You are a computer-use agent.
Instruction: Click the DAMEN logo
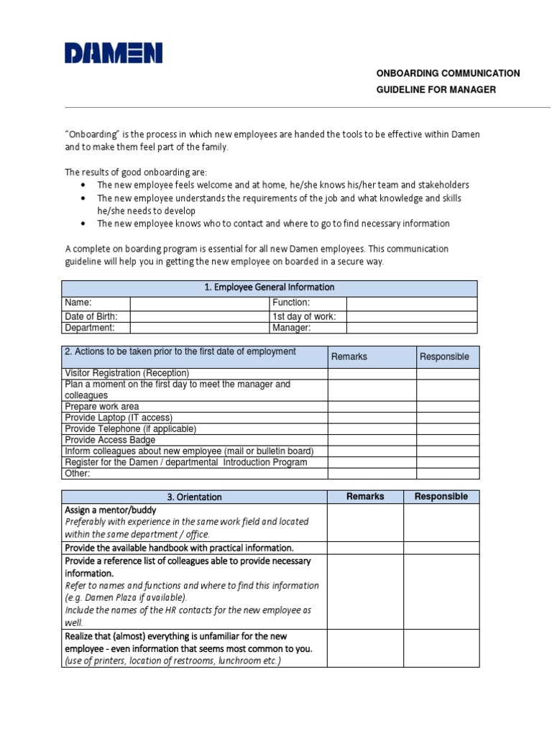114,54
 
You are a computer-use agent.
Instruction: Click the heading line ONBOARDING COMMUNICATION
448,73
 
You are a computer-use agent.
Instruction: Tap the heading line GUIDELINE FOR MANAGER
436,89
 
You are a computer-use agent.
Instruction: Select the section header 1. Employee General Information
270,287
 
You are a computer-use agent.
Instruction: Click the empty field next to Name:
199,303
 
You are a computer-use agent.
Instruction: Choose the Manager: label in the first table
291,328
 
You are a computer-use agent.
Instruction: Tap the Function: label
291,303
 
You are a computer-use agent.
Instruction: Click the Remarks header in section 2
349,356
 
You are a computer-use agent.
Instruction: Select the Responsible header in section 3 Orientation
441,497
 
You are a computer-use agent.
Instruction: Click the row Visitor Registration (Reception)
127,373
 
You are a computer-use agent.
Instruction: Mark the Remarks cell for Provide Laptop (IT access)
372,418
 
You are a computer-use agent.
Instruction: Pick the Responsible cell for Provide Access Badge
447,440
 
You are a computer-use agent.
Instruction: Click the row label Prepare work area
102,406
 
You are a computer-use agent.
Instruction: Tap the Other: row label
78,474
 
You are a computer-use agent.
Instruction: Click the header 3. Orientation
194,497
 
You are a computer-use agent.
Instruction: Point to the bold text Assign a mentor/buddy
110,510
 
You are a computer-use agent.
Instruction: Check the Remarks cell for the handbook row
364,548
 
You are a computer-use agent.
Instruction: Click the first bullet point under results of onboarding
283,185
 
